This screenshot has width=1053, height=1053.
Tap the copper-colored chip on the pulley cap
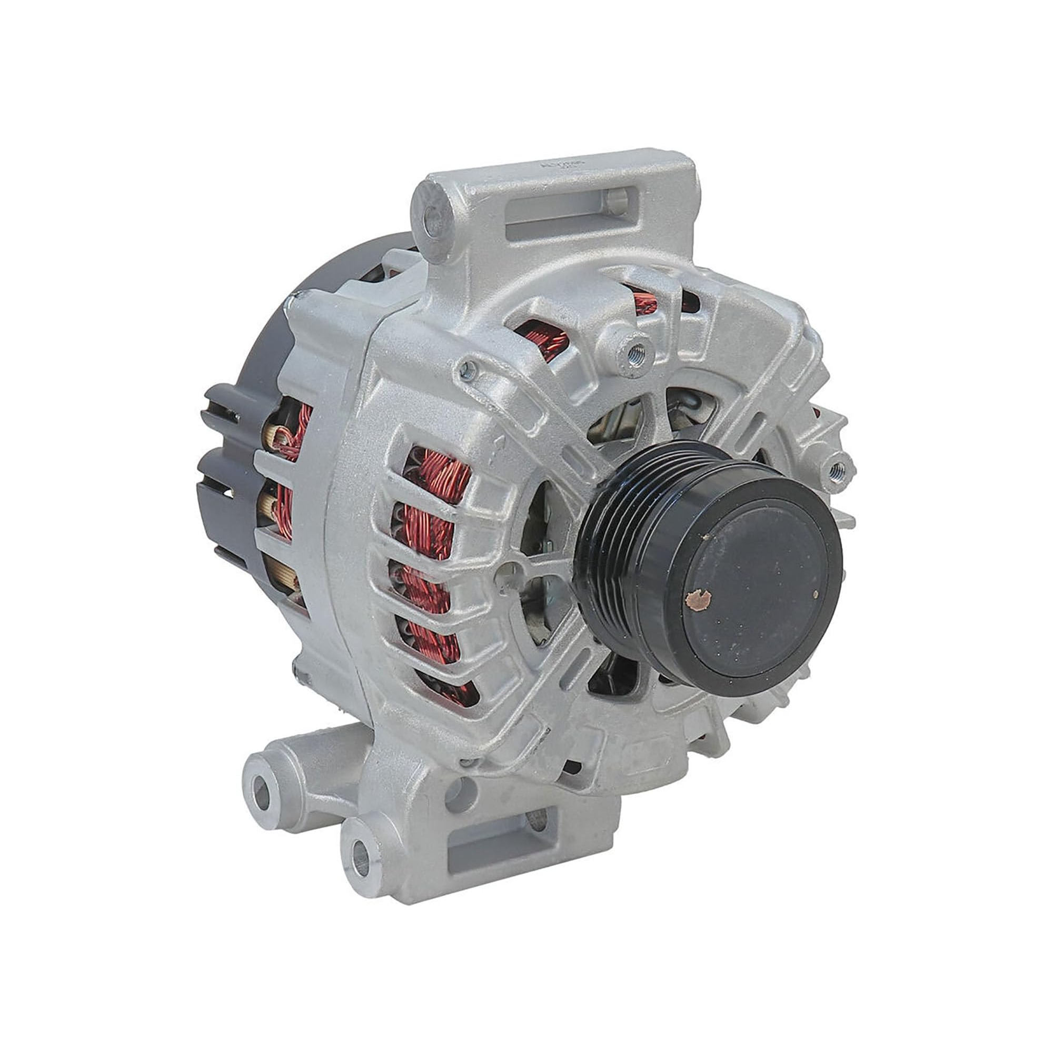coord(698,599)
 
